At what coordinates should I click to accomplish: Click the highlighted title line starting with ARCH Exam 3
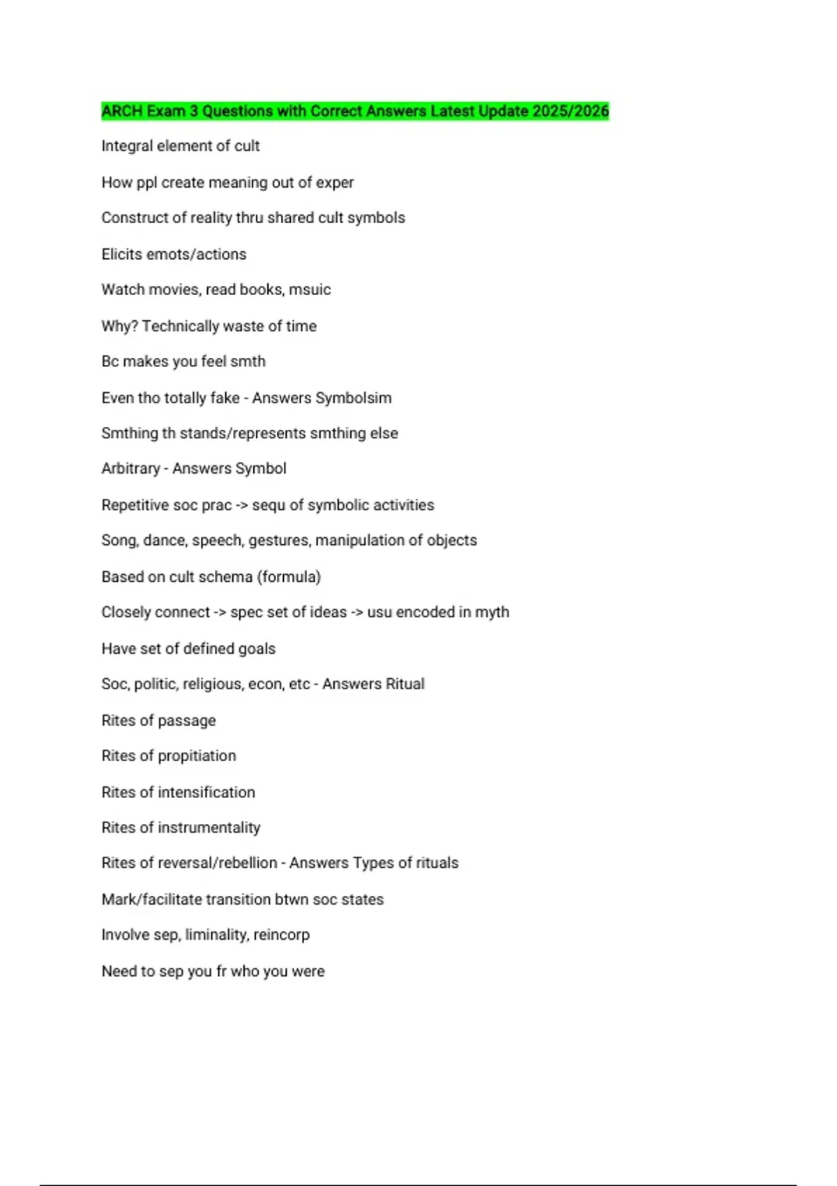[x=354, y=111]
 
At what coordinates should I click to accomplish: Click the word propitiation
[x=197, y=756]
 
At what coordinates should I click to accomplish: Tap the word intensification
[x=206, y=792]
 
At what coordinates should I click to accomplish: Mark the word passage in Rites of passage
[x=186, y=721]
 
